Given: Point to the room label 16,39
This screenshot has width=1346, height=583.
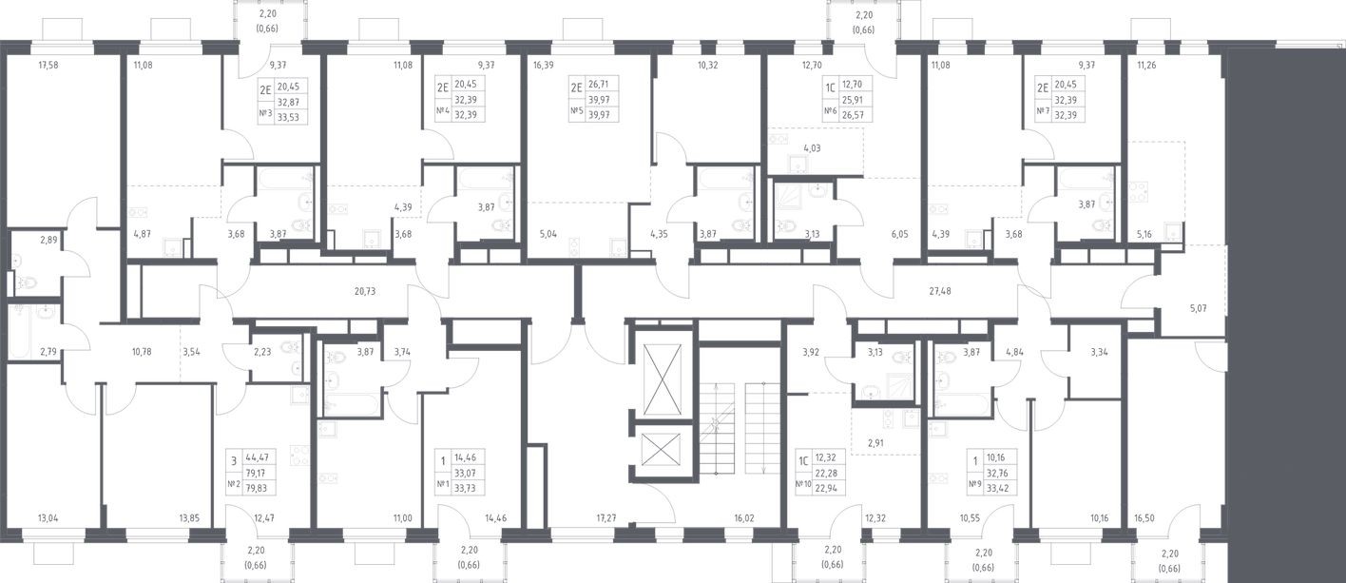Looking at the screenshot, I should (544, 66).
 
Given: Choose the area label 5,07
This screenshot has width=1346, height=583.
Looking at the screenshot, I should (1199, 307).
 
